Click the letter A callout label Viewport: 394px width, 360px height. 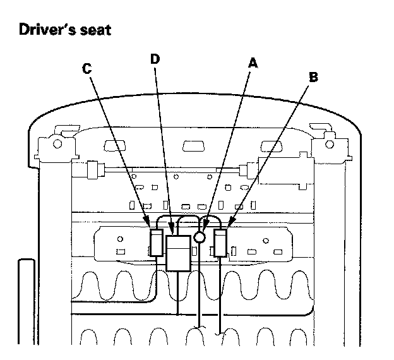pos(253,63)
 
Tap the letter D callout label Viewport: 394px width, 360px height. pos(155,59)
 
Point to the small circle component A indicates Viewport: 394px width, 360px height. pos(200,237)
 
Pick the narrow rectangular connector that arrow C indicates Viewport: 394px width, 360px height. pos(157,243)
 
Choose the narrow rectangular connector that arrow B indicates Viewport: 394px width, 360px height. pos(220,243)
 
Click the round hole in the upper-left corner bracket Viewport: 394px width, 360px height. pos(57,144)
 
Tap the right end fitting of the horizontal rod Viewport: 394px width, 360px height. pos(248,170)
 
